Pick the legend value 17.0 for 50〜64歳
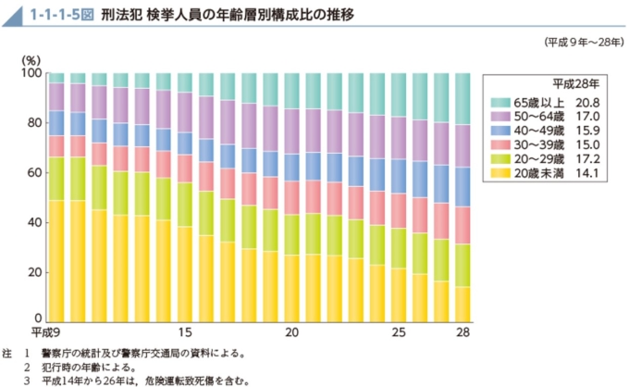[589, 118]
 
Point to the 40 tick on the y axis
[34, 222]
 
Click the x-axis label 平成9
[45, 331]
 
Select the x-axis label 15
[185, 331]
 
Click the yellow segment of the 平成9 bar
[56, 260]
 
